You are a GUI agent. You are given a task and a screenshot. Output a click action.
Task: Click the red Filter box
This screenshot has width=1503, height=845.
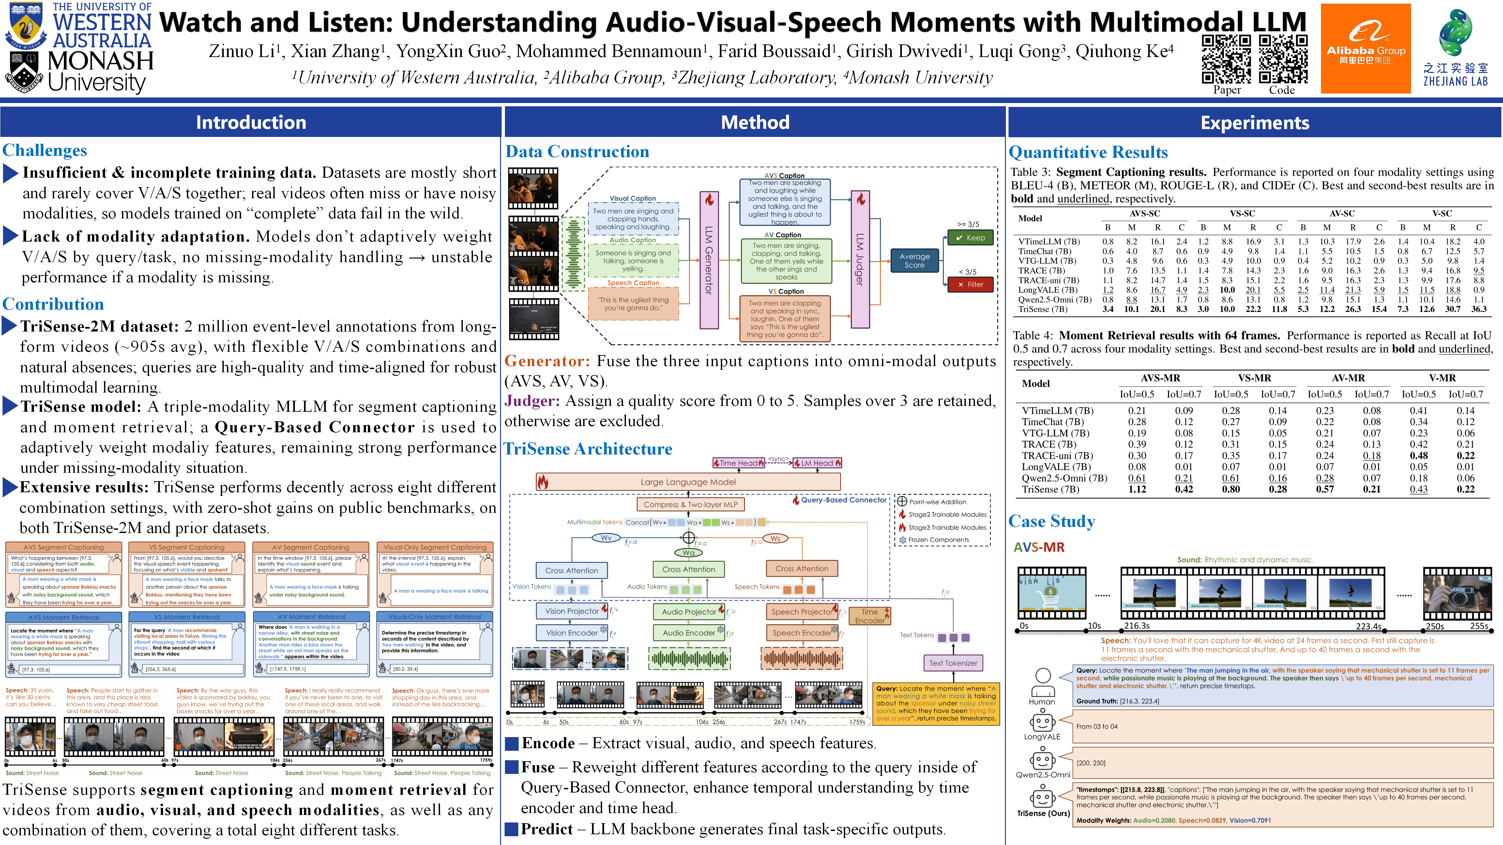click(x=970, y=285)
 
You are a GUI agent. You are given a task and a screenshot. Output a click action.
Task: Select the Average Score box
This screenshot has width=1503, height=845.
click(x=914, y=261)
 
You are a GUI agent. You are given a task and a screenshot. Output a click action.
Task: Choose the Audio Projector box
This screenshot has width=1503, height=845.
click(x=689, y=612)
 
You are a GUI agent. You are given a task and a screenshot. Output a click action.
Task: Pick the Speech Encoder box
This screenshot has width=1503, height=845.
click(x=802, y=633)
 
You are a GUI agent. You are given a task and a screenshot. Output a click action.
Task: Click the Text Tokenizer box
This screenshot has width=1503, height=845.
click(x=953, y=663)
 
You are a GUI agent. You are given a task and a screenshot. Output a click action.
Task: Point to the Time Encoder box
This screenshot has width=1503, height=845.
click(x=869, y=616)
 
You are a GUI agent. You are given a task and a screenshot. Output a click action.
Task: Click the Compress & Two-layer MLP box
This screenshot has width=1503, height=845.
click(x=690, y=504)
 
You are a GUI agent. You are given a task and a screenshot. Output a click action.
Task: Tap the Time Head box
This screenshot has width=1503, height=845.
click(x=738, y=463)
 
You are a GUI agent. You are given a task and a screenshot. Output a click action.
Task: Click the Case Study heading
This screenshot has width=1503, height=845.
click(x=1051, y=521)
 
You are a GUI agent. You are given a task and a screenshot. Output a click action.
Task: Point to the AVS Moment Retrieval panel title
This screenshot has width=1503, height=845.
click(x=64, y=617)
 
